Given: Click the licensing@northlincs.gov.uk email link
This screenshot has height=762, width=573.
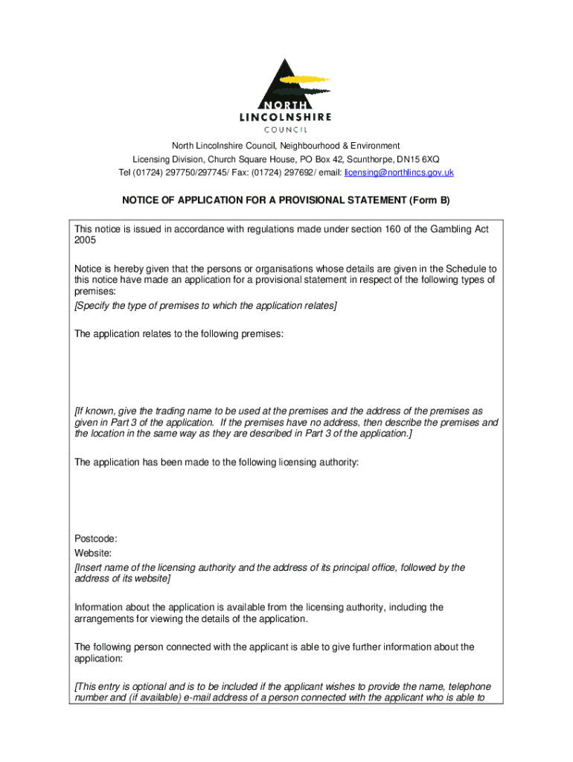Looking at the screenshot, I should tap(399, 173).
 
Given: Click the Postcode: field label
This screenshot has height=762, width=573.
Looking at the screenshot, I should tap(96, 539).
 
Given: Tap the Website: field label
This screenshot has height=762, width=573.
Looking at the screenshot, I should tap(93, 553).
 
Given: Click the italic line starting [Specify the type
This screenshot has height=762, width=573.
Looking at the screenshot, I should tap(205, 306).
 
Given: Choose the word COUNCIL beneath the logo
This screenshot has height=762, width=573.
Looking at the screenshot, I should tap(286, 129).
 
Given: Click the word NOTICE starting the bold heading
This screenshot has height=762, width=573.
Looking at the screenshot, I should tap(140, 201).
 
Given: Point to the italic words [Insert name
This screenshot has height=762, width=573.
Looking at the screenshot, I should tap(103, 567).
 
